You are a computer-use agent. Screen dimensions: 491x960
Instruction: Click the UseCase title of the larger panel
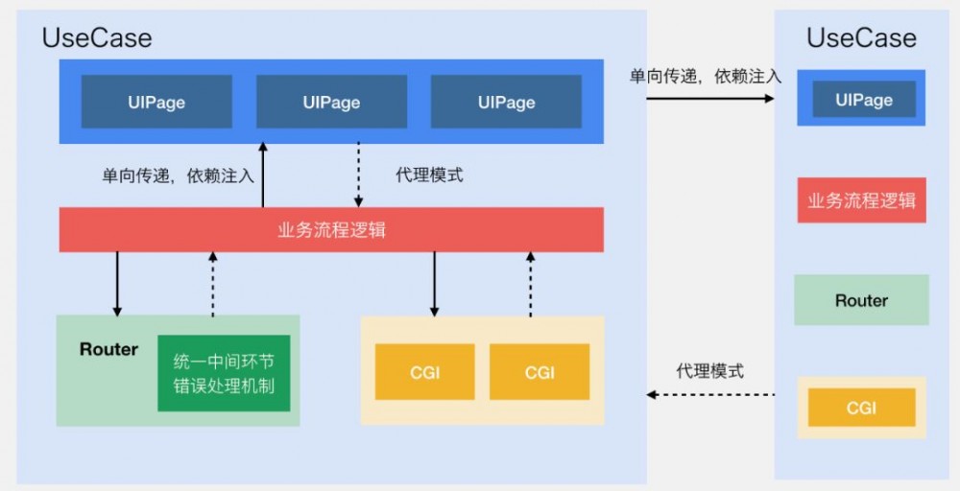click(x=97, y=38)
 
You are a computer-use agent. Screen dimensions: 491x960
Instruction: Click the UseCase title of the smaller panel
click(x=861, y=38)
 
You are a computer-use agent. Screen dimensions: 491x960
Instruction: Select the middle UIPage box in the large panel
click(x=331, y=103)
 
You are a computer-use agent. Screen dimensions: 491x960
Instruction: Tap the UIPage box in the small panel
click(x=863, y=100)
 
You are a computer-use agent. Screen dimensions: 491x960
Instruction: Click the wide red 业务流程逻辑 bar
click(x=331, y=230)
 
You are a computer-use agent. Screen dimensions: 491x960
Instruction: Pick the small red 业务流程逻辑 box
click(x=861, y=200)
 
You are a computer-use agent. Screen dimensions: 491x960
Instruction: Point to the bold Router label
click(x=108, y=349)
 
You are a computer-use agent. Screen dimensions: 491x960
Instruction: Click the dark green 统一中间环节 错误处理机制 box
click(x=224, y=373)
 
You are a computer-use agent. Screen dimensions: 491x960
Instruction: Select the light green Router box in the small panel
click(x=861, y=300)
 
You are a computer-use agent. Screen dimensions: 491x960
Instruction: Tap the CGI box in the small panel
click(x=861, y=408)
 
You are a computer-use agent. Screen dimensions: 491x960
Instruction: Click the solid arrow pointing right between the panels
click(x=710, y=97)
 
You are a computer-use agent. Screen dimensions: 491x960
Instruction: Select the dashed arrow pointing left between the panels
click(x=710, y=394)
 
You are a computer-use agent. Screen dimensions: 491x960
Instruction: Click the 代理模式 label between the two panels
click(x=709, y=371)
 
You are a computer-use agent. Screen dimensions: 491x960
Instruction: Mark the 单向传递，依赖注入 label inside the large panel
click(x=179, y=175)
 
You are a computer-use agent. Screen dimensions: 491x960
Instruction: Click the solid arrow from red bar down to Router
click(x=117, y=284)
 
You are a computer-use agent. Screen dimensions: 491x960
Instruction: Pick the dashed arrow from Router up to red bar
click(x=212, y=284)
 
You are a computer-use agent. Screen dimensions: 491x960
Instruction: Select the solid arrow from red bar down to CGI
click(x=435, y=284)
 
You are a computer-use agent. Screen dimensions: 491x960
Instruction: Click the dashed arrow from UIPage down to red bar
click(x=359, y=175)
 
